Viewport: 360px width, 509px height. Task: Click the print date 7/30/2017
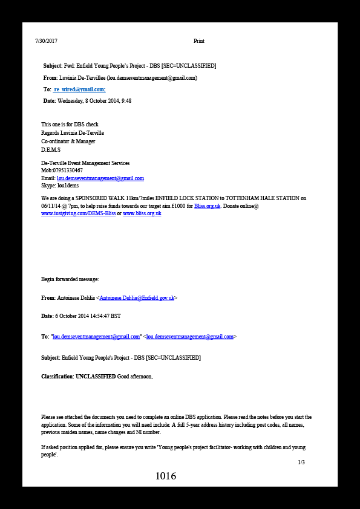click(x=46, y=41)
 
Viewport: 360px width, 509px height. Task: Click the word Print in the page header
click(x=199, y=41)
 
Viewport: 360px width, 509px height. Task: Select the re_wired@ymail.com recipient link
click(x=79, y=89)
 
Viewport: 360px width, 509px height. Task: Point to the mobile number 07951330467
click(x=68, y=170)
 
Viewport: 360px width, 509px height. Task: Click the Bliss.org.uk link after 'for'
click(x=208, y=206)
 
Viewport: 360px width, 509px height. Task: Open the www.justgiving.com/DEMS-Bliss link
click(x=78, y=213)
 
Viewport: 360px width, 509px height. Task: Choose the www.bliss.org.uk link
click(x=142, y=213)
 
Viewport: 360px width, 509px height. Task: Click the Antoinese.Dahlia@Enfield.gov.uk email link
click(x=137, y=298)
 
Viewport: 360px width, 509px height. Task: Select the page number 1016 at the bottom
click(x=166, y=476)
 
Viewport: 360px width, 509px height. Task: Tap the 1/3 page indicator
click(x=301, y=462)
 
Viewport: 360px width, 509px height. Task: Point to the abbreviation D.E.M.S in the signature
click(x=51, y=150)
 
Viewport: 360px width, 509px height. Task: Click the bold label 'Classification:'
click(x=57, y=377)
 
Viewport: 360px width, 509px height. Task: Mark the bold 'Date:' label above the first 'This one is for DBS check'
click(x=50, y=101)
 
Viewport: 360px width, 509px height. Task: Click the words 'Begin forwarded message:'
click(x=70, y=279)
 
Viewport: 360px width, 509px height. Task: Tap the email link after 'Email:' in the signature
click(x=100, y=178)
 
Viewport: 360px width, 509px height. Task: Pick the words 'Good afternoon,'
click(x=135, y=377)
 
